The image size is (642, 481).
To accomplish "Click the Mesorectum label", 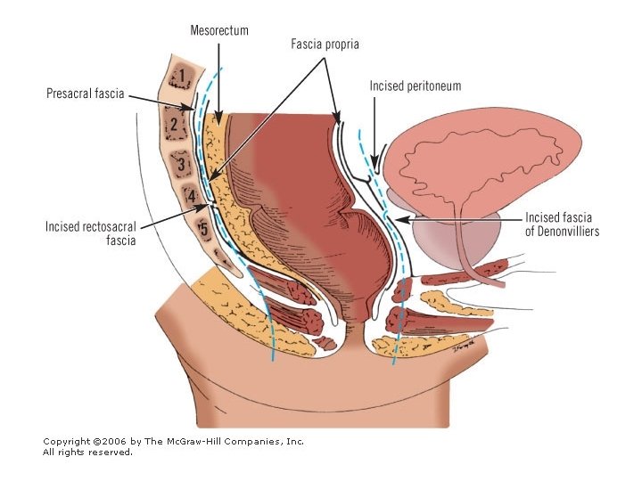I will click(x=218, y=30).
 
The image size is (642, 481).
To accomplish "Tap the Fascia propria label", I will click(x=325, y=43).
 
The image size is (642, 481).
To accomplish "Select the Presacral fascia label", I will click(x=86, y=91).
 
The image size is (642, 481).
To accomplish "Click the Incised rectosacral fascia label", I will click(x=91, y=233).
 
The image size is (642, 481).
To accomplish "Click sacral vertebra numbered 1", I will click(x=182, y=77).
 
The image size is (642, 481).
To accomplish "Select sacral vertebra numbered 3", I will click(x=181, y=164).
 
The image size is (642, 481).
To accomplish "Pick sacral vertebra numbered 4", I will click(x=189, y=194).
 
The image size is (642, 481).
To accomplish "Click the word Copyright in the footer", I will click(x=67, y=441).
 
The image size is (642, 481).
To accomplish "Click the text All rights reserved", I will click(x=87, y=452).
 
